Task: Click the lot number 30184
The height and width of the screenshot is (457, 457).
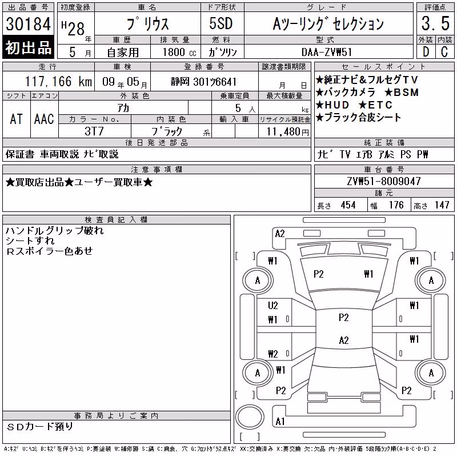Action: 28,24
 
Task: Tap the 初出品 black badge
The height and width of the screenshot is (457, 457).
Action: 28,47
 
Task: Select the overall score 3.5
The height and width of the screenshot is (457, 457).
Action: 435,23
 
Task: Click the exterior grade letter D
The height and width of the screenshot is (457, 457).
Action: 426,52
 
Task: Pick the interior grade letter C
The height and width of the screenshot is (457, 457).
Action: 444,52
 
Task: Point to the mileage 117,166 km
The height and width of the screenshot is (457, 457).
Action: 59,81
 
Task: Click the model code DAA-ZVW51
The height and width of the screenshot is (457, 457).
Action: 327,52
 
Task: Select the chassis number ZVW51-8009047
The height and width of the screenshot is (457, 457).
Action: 384,181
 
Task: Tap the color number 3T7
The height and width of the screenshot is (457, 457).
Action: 94,131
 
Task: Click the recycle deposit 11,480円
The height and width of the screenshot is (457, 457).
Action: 288,132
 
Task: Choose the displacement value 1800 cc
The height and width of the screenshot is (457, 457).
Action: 179,52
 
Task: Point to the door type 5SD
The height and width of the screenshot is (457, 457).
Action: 221,23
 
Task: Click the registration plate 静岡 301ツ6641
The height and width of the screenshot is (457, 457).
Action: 203,82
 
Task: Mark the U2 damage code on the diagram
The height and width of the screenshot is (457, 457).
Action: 273,306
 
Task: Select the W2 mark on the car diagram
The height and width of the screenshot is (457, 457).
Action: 273,354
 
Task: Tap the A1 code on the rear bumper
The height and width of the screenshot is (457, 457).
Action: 280,422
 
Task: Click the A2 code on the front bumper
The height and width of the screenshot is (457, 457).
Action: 280,234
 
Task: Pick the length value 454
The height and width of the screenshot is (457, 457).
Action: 348,205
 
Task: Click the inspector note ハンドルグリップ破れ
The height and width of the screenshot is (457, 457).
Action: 54,231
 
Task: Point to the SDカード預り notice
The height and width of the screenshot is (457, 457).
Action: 40,427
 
